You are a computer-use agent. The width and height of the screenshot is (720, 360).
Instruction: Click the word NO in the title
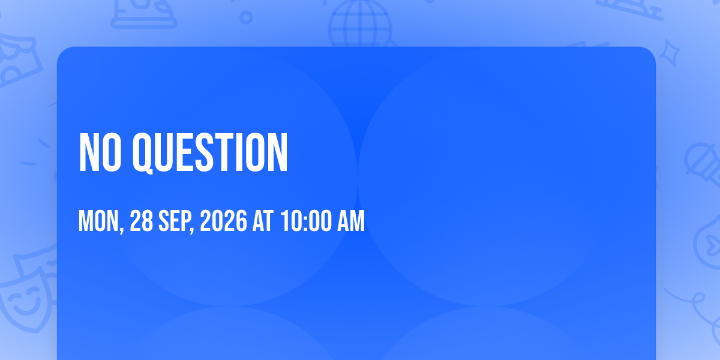100,152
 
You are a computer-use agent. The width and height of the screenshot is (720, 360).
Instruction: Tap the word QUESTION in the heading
210,153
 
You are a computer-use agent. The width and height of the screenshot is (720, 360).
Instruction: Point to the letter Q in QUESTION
143,154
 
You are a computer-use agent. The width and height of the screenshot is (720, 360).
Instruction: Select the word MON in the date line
98,221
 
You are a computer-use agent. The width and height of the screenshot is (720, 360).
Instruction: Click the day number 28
141,221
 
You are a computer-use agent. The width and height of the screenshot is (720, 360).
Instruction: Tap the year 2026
223,221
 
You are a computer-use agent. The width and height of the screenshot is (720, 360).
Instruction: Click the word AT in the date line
263,221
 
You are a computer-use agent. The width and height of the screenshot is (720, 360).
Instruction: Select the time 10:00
305,221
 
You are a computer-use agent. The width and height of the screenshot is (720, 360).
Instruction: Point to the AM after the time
350,221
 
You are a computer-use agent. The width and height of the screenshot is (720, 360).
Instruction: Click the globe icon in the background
360,24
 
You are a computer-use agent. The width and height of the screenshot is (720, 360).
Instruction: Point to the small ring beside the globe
246,17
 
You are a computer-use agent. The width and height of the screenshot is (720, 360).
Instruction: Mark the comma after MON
121,229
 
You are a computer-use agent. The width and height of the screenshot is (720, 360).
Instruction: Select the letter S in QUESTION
203,152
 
